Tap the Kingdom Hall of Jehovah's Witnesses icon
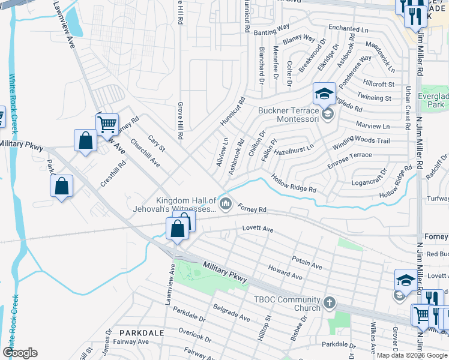226,205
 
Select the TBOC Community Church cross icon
329,303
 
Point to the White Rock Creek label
13,102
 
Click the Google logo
20,352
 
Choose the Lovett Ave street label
258,229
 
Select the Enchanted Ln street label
348,28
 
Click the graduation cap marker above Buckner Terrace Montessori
324,94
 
